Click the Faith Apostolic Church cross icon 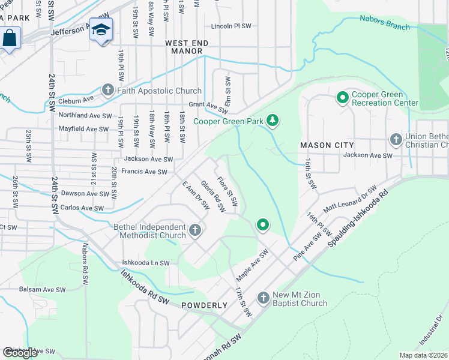(x=108, y=91)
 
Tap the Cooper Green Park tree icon (x=273, y=121)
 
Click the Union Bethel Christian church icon (x=396, y=140)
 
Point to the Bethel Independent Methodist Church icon (x=194, y=230)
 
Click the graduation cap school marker (x=101, y=30)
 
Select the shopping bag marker (x=10, y=38)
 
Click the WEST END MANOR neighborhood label (x=187, y=48)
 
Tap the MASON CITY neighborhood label (x=327, y=146)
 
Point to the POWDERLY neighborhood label (x=205, y=305)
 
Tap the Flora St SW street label (x=228, y=190)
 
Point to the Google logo (x=20, y=353)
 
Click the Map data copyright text (x=423, y=355)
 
